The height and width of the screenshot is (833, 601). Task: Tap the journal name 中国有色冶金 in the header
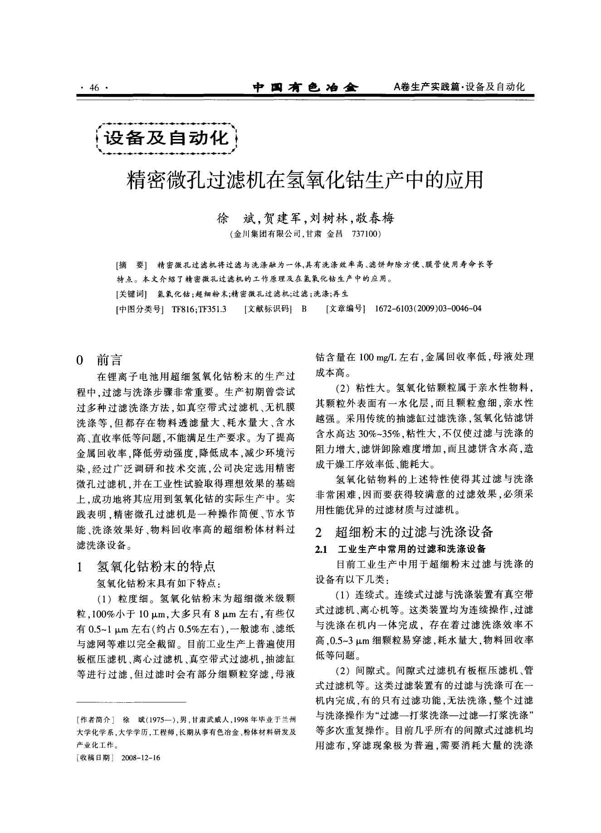[x=305, y=87]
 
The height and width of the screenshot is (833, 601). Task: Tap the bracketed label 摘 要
[x=131, y=265]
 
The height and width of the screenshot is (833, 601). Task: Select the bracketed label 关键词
[x=131, y=294]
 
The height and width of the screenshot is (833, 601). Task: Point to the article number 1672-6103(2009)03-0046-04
[x=429, y=309]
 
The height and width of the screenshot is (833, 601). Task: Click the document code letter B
[x=304, y=309]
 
